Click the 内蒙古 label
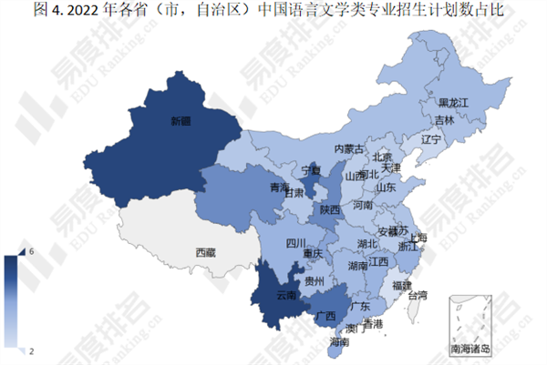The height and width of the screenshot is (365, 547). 348,148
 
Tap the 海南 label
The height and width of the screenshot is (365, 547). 339,342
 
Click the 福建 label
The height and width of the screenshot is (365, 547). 401,285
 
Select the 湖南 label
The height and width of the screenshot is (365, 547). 357,266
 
